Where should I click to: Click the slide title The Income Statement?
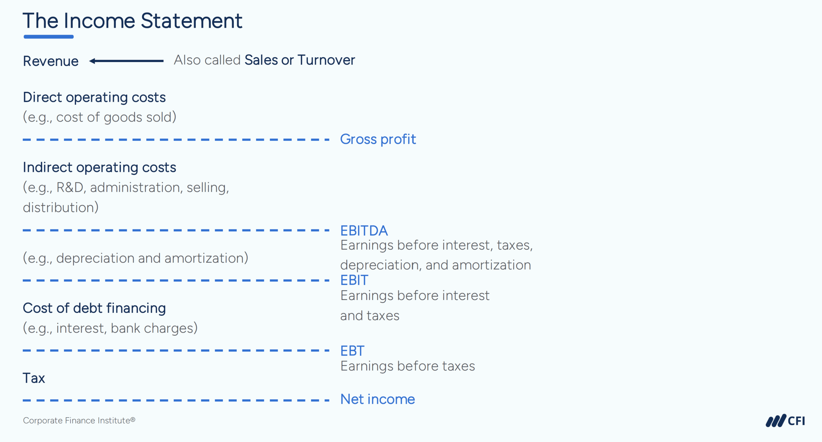click(x=132, y=21)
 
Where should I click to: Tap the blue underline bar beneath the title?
click(x=48, y=37)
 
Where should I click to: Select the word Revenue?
click(x=51, y=61)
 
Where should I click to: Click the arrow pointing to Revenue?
click(x=126, y=61)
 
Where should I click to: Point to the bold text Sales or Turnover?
click(x=300, y=60)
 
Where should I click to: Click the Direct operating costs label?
click(x=94, y=97)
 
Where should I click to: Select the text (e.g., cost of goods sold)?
click(x=100, y=117)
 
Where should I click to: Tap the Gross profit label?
click(x=378, y=139)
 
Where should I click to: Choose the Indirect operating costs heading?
click(x=100, y=167)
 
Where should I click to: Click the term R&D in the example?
click(x=70, y=188)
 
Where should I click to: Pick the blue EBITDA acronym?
click(x=364, y=231)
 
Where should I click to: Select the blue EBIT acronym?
click(x=354, y=280)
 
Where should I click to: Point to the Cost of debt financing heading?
click(x=94, y=308)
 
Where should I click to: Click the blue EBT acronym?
click(x=352, y=351)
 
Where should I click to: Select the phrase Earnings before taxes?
click(x=407, y=366)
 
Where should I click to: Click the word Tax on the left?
click(x=34, y=378)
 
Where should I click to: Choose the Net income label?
click(x=377, y=399)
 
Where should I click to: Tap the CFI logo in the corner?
click(x=785, y=421)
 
